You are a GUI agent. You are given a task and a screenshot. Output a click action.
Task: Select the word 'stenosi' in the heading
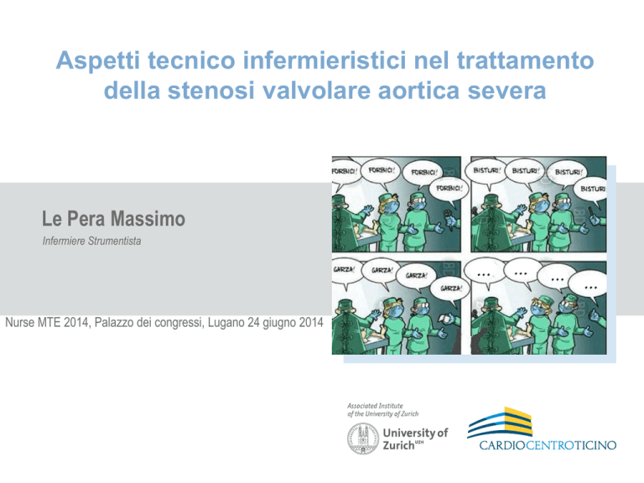(211, 91)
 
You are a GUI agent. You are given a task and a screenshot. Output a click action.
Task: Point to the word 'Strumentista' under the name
(117, 241)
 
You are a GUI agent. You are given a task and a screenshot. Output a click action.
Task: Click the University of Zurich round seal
(362, 439)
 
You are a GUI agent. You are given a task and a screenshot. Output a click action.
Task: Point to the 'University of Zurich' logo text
(415, 439)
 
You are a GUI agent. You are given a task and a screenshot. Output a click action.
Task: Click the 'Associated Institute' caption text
(375, 406)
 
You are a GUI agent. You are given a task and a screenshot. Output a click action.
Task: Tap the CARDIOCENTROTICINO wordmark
(548, 445)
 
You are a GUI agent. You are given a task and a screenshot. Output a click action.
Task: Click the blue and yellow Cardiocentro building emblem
(501, 423)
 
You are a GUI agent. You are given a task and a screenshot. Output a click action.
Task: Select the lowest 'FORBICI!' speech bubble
(449, 190)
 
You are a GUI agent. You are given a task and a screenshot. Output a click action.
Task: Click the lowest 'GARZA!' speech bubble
(450, 288)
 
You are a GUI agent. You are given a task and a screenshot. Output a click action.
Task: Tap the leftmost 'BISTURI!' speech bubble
(486, 170)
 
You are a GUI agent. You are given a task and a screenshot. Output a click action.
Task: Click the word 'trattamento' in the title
(526, 60)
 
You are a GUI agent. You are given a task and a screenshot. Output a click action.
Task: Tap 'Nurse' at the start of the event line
(20, 322)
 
